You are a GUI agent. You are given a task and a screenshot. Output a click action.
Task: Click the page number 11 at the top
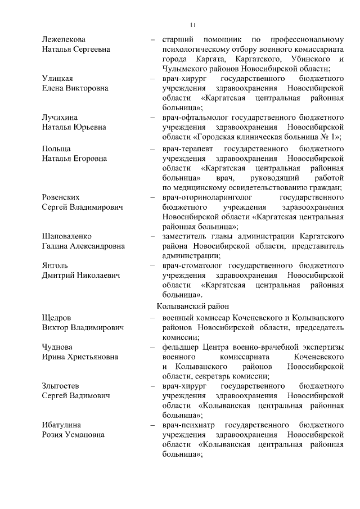pyautogui.click(x=192, y=25)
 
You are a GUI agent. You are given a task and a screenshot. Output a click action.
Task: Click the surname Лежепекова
pyautogui.click(x=64, y=39)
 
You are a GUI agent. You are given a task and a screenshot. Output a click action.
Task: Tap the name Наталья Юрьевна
pyautogui.click(x=74, y=127)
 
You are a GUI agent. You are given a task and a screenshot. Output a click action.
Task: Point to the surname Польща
pyautogui.click(x=57, y=148)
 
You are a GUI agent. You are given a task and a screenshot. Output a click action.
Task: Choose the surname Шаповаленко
pyautogui.click(x=66, y=236)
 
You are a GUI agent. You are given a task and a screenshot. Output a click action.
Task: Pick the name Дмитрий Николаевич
pyautogui.click(x=81, y=275)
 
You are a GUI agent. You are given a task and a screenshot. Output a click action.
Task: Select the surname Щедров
pyautogui.click(x=56, y=318)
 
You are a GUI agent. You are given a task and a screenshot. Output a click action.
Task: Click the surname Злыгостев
pyautogui.click(x=60, y=386)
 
